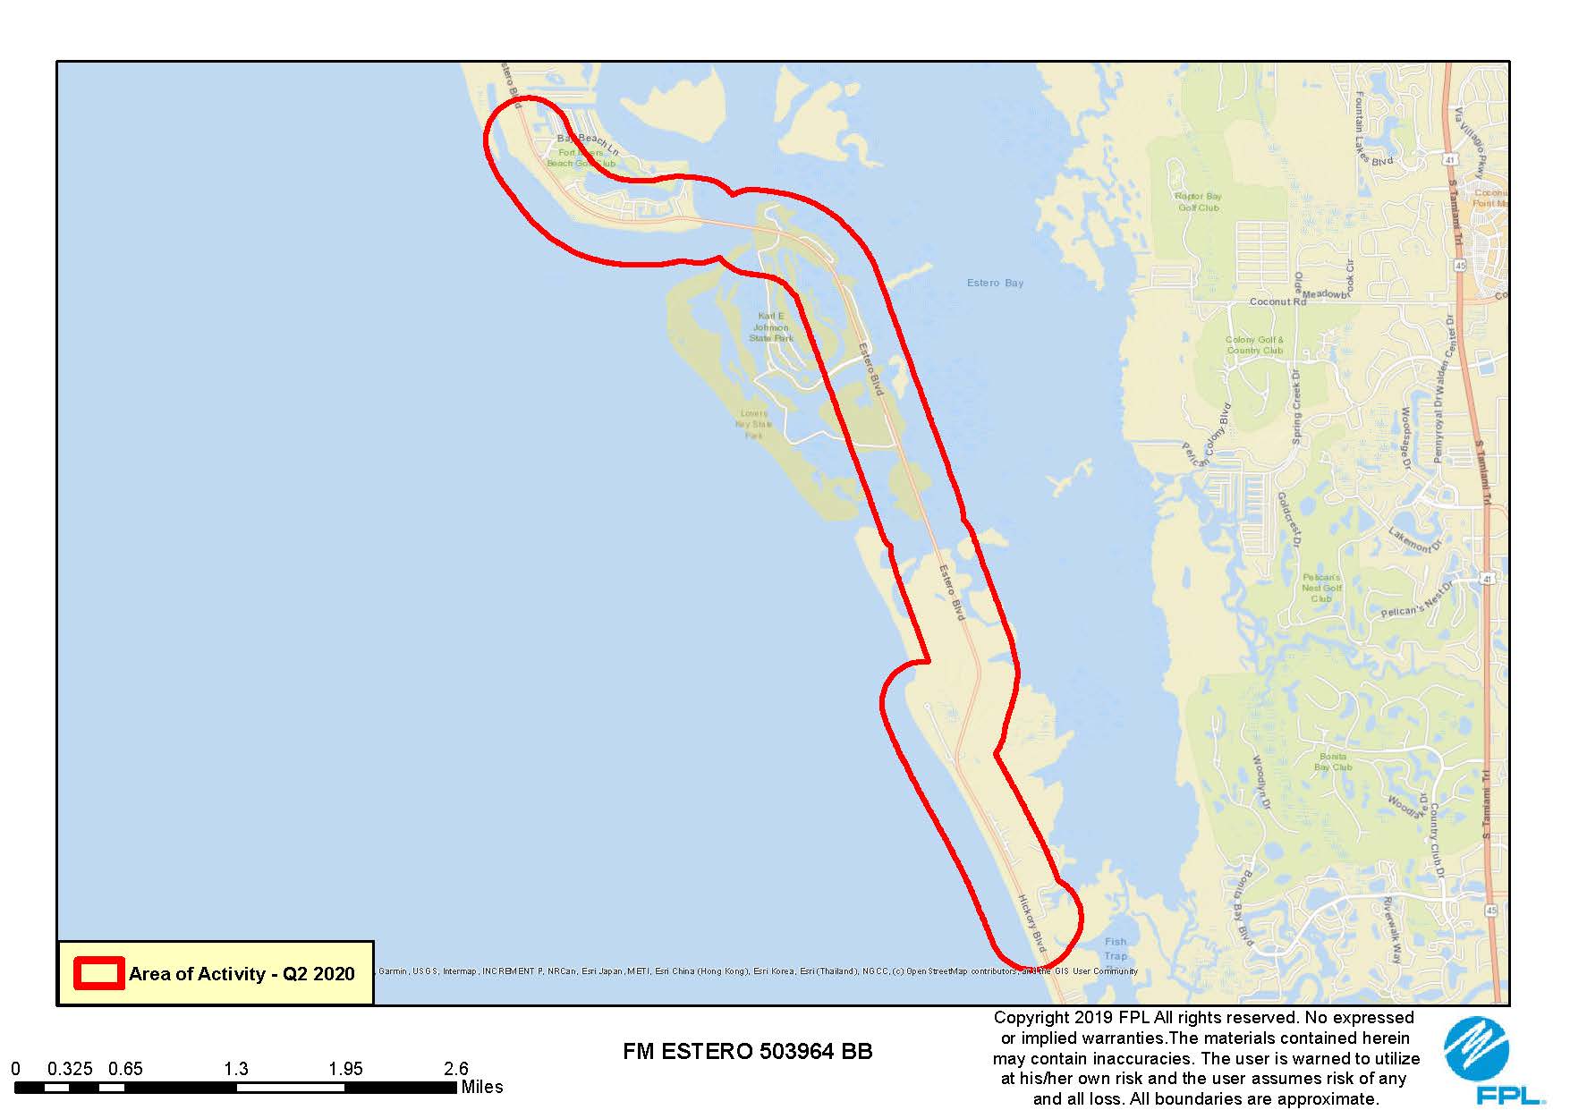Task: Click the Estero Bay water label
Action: [x=995, y=283]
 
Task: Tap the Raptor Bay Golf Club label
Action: [x=1198, y=201]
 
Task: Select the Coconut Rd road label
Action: [x=1277, y=301]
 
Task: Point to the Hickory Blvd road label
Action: [x=1031, y=922]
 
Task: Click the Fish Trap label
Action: [x=1115, y=948]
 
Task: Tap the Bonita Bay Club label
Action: [x=1332, y=761]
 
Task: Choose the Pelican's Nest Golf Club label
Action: [x=1321, y=588]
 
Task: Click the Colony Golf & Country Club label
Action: [x=1254, y=344]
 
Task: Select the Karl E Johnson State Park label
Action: [x=771, y=327]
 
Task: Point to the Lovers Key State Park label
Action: [x=754, y=424]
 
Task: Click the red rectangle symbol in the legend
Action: [x=98, y=973]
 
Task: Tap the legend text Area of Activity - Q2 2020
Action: [x=242, y=973]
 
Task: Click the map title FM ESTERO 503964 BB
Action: [x=747, y=1051]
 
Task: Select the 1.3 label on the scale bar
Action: [x=236, y=1068]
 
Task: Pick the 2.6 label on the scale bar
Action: [x=456, y=1068]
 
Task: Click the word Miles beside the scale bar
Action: [x=482, y=1087]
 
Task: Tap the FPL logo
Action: [x=1477, y=1061]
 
